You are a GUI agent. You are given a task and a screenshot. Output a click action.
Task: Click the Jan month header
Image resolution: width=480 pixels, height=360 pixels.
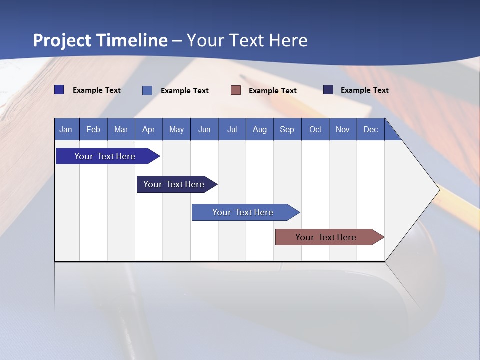(66, 129)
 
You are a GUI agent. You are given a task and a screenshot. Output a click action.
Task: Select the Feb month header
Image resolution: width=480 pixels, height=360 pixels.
(93, 129)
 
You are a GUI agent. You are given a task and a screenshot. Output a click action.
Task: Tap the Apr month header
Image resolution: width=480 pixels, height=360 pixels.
(149, 129)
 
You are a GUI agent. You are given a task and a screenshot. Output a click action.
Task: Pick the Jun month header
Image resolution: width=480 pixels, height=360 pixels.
(204, 129)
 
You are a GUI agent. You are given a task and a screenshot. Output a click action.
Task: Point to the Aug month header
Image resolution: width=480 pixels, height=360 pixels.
(260, 129)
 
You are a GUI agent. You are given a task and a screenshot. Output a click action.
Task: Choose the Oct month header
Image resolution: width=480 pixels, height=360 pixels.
(315, 129)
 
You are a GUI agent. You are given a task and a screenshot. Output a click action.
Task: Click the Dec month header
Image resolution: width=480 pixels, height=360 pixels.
(371, 129)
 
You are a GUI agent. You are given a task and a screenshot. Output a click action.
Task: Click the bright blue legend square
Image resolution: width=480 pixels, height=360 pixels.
(59, 90)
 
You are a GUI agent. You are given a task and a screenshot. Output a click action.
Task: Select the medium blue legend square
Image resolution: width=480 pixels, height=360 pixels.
(147, 90)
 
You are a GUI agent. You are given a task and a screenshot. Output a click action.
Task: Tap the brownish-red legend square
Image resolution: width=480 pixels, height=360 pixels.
(236, 90)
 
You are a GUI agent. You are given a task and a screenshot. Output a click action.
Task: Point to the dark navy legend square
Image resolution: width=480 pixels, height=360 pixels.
(328, 90)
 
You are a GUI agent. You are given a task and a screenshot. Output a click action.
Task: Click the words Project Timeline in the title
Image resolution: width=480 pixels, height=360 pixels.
(100, 40)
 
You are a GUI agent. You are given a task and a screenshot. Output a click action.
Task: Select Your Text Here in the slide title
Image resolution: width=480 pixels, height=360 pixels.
(247, 40)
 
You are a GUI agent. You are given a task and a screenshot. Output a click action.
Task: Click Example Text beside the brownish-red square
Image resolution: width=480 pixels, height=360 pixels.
(273, 90)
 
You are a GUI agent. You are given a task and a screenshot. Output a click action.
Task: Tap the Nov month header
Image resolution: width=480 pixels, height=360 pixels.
(343, 129)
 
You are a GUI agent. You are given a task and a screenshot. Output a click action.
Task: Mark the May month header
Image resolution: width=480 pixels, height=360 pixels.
(176, 129)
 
